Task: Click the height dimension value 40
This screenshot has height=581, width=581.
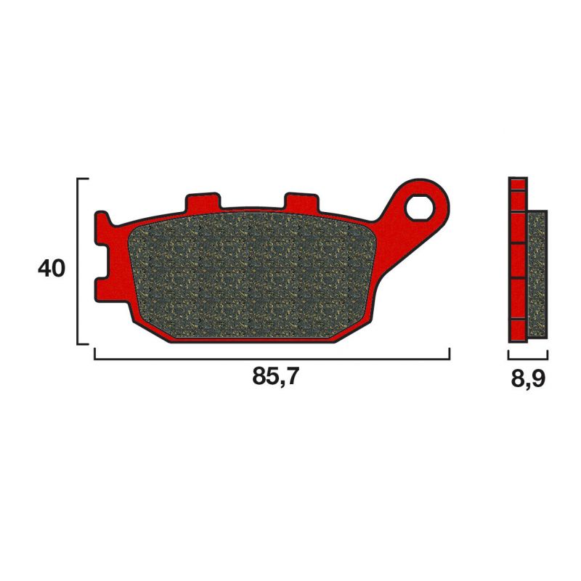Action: click(x=52, y=269)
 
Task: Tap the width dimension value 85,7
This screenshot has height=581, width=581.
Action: click(x=275, y=378)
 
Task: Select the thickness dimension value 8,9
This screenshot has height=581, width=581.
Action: click(x=527, y=378)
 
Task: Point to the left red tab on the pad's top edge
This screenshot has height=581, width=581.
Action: click(x=202, y=201)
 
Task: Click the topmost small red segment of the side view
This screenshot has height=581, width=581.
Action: click(x=518, y=184)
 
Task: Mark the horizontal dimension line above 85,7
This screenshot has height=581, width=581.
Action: click(x=272, y=359)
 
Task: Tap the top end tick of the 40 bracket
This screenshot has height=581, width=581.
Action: click(x=83, y=178)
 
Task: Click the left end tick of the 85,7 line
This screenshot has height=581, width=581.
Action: click(x=95, y=354)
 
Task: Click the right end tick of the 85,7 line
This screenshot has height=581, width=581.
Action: click(x=450, y=354)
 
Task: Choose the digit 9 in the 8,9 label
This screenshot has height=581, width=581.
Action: click(x=538, y=378)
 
